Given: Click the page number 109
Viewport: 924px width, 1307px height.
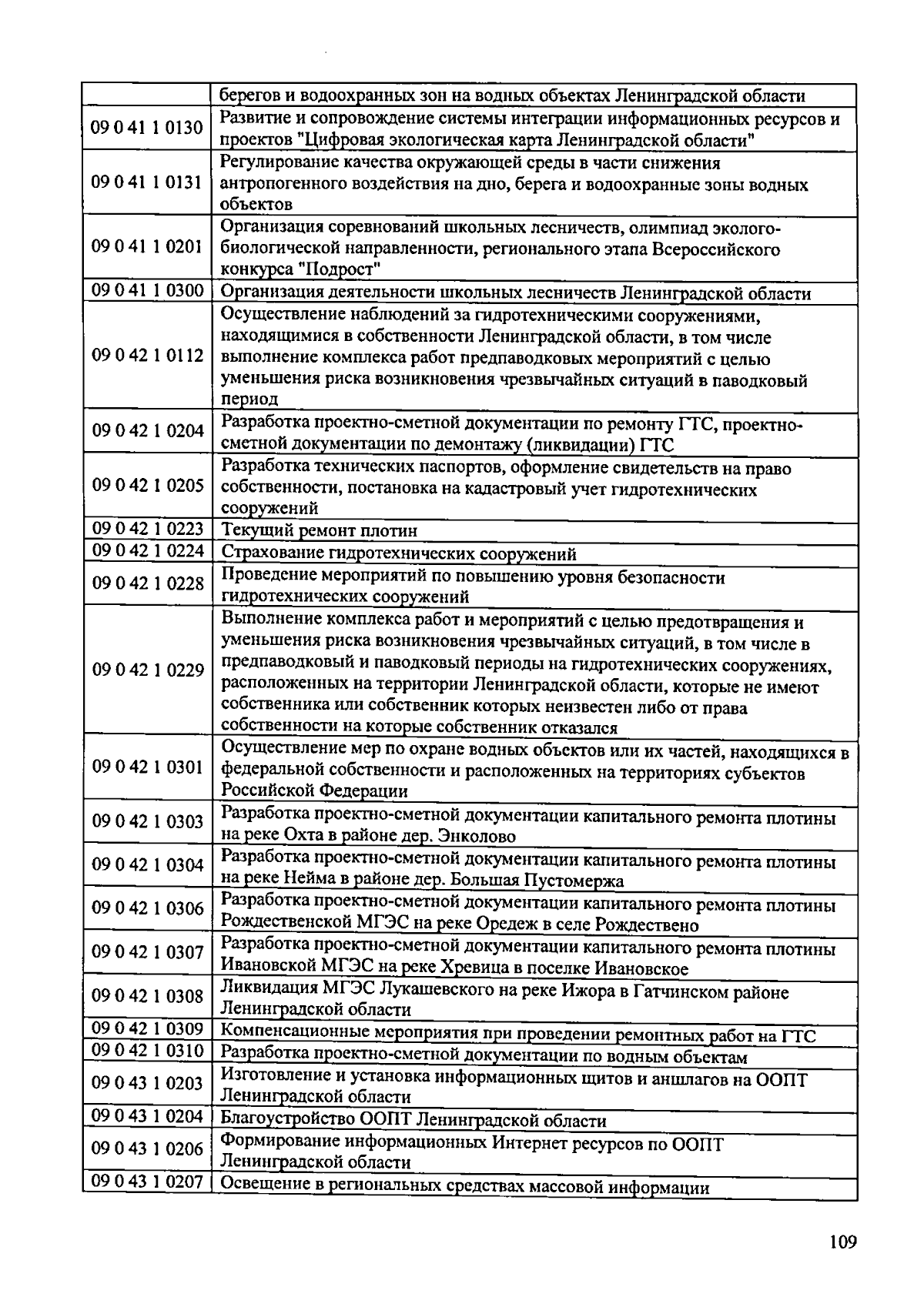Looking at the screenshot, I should (842, 1242).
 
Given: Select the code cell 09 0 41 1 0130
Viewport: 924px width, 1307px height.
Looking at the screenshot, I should (147, 128).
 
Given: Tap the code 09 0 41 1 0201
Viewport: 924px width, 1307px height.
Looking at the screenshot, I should (147, 246).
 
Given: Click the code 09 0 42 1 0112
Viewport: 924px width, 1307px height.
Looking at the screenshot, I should (147, 356).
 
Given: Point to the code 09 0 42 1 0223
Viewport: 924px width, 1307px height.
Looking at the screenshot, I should (147, 529).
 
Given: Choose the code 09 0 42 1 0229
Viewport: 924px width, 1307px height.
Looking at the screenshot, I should (147, 670).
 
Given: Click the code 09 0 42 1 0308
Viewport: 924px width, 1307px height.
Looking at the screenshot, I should (147, 997).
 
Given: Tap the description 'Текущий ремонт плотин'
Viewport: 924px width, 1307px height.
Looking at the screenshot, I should (320, 531).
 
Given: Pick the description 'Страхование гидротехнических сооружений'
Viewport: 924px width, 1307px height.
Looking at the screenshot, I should (399, 554).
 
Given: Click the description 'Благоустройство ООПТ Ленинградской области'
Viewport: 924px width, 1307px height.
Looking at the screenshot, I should (413, 1121).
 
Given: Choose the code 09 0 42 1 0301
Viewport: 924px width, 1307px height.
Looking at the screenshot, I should (147, 767).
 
